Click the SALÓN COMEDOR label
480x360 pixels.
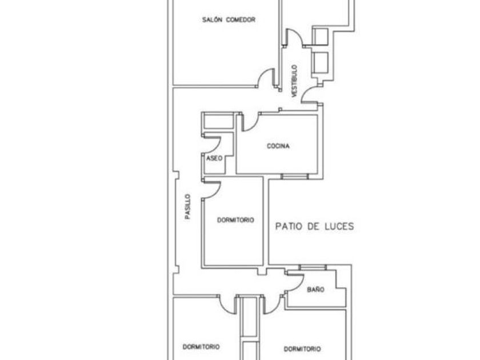[x=229, y=19]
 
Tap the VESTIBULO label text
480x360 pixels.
[x=295, y=81]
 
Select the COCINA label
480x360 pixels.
[x=278, y=146]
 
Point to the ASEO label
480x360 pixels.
[x=214, y=158]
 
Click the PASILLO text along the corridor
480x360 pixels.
[x=187, y=207]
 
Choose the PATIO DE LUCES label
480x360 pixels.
[x=314, y=226]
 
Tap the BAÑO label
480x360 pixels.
[x=315, y=290]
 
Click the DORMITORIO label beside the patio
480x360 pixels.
[x=235, y=220]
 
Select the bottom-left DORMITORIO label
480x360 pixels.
[x=201, y=347]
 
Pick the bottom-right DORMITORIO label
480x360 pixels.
[x=302, y=349]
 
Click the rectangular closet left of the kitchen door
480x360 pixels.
[x=218, y=121]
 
